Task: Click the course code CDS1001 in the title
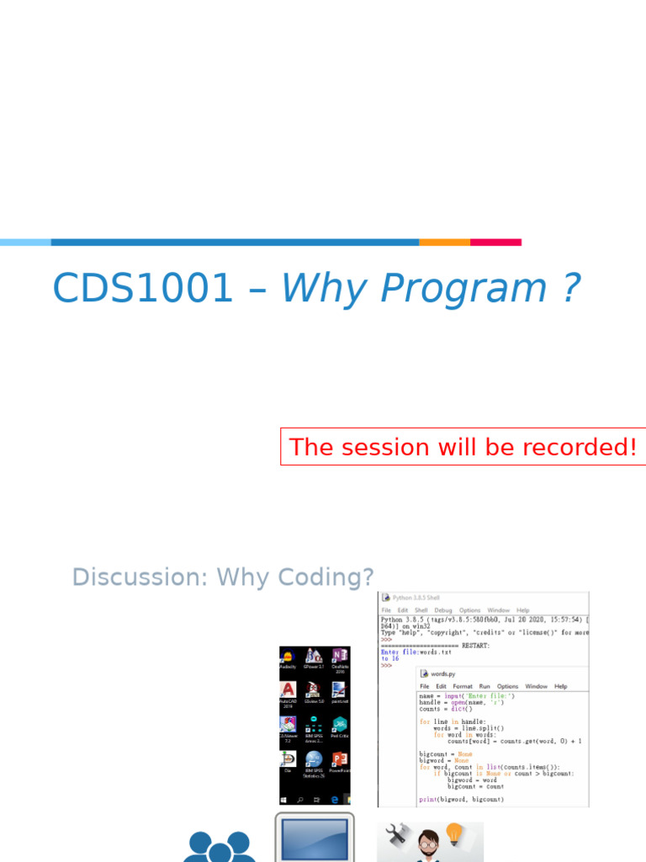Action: pyautogui.click(x=142, y=289)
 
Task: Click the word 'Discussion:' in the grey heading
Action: pyautogui.click(x=140, y=577)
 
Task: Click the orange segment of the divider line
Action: pyautogui.click(x=444, y=242)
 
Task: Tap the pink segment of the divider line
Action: pyautogui.click(x=495, y=242)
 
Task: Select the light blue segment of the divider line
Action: pyautogui.click(x=25, y=242)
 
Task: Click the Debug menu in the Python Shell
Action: pyautogui.click(x=443, y=610)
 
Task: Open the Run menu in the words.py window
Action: pyautogui.click(x=484, y=686)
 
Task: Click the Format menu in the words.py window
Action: pyautogui.click(x=463, y=686)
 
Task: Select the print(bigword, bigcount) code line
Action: pyautogui.click(x=462, y=799)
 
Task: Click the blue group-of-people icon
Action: pyautogui.click(x=219, y=846)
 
